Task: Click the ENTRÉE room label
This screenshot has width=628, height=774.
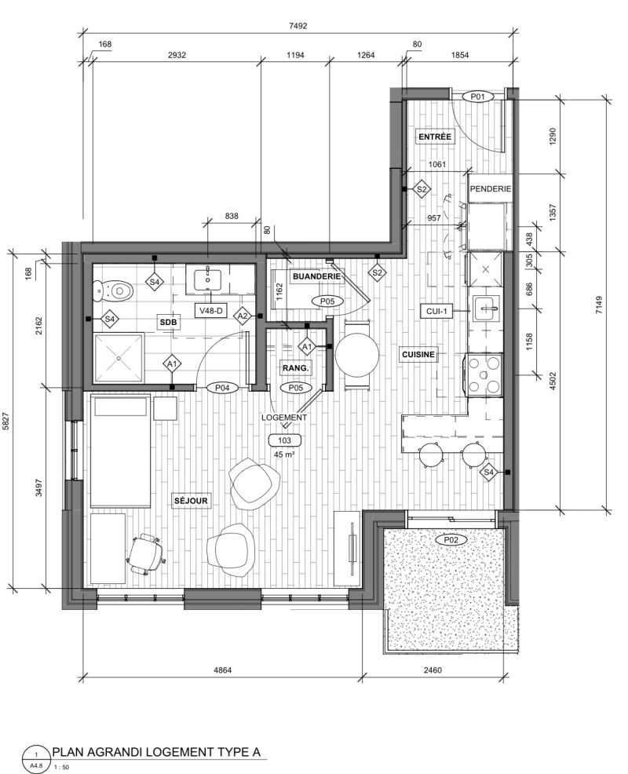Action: (434, 137)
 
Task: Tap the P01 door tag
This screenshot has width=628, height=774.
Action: (477, 97)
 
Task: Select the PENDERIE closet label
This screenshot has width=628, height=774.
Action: (491, 189)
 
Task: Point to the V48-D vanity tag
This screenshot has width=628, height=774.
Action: (212, 311)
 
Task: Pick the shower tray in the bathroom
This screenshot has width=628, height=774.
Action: (119, 358)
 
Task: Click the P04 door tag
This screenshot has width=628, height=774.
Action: (222, 388)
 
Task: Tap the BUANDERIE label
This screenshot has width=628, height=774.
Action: (316, 276)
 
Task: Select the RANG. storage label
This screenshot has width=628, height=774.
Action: (295, 367)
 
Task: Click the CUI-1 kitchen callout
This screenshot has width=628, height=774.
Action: (436, 311)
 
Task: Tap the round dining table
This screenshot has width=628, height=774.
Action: (357, 354)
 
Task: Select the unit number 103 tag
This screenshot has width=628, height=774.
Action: (284, 440)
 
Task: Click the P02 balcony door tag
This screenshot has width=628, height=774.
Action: (451, 540)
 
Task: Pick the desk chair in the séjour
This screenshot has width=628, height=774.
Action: (146, 554)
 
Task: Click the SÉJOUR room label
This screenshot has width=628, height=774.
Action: (191, 501)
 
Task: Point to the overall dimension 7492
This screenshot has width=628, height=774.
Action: (297, 26)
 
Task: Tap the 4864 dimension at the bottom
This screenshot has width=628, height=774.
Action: (222, 670)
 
